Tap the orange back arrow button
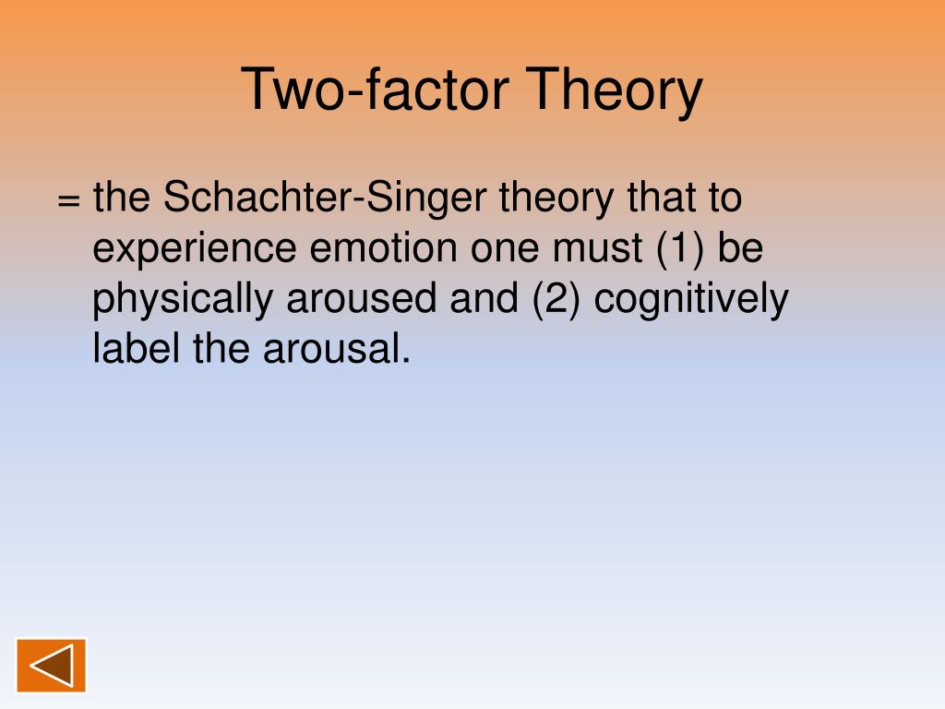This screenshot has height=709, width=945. tap(51, 665)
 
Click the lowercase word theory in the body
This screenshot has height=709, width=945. tap(558, 199)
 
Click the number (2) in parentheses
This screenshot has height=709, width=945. tap(557, 300)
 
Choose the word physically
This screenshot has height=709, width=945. tap(183, 300)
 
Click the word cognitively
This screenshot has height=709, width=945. tap(690, 300)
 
